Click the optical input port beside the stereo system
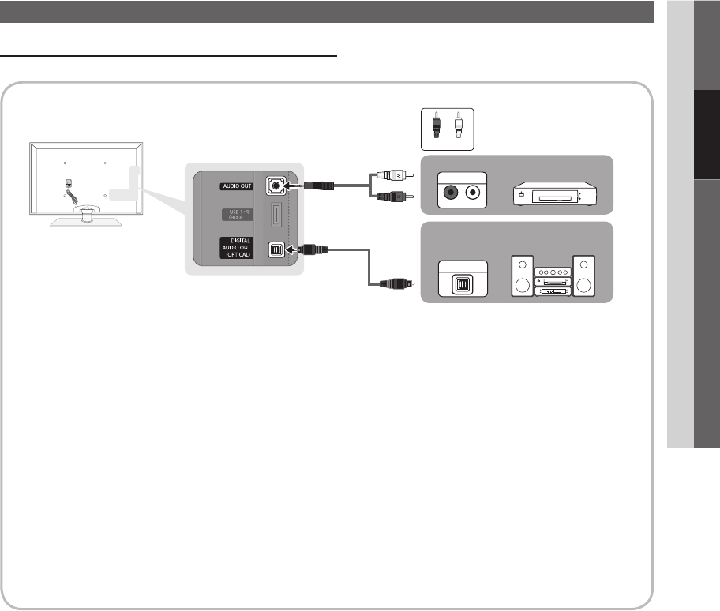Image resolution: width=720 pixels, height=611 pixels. click(459, 282)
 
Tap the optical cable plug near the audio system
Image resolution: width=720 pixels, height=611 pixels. click(394, 283)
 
